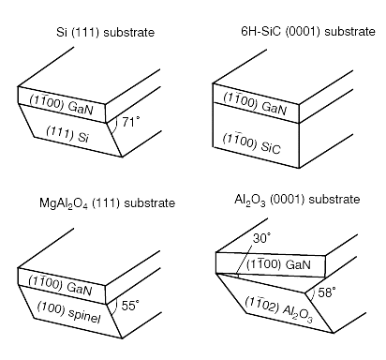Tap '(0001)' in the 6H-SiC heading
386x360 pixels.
289,33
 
